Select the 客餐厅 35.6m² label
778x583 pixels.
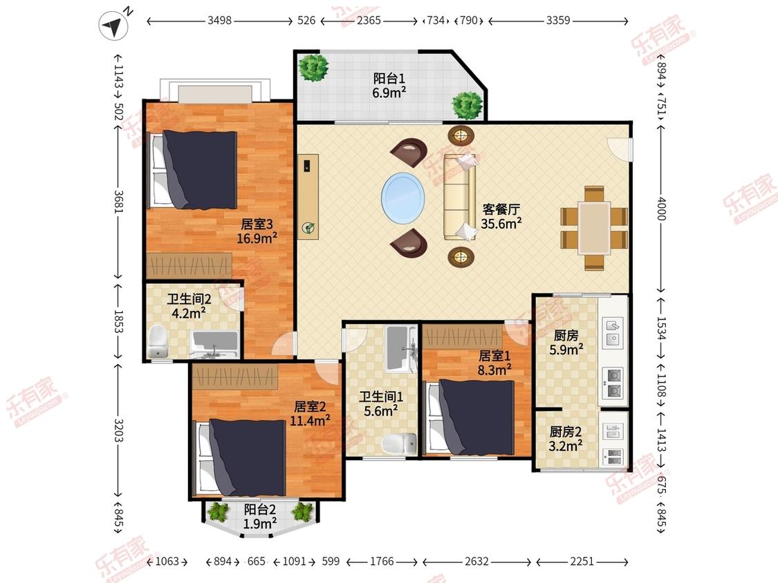pyautogui.click(x=501, y=217)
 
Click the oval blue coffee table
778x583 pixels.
pyautogui.click(x=403, y=198)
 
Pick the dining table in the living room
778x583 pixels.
pyautogui.click(x=594, y=228)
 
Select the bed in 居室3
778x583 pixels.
pyautogui.click(x=193, y=169)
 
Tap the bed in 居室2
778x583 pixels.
pyautogui.click(x=241, y=457)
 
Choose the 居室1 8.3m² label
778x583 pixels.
pyautogui.click(x=494, y=363)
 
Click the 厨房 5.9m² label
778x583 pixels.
pyautogui.click(x=566, y=343)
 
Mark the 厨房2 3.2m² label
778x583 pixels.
pyautogui.click(x=566, y=439)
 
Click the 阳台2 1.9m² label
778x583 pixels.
pyautogui.click(x=260, y=517)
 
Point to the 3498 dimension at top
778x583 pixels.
pyautogui.click(x=219, y=20)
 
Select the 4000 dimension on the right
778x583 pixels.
pyautogui.click(x=661, y=208)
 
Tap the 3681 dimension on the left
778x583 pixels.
pyautogui.click(x=118, y=202)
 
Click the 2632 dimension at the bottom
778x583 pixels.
pyautogui.click(x=476, y=561)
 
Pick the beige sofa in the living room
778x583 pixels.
pyautogui.click(x=459, y=197)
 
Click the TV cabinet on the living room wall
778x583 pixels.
pyautogui.click(x=308, y=197)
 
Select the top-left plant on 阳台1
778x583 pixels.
pyautogui.click(x=313, y=68)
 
